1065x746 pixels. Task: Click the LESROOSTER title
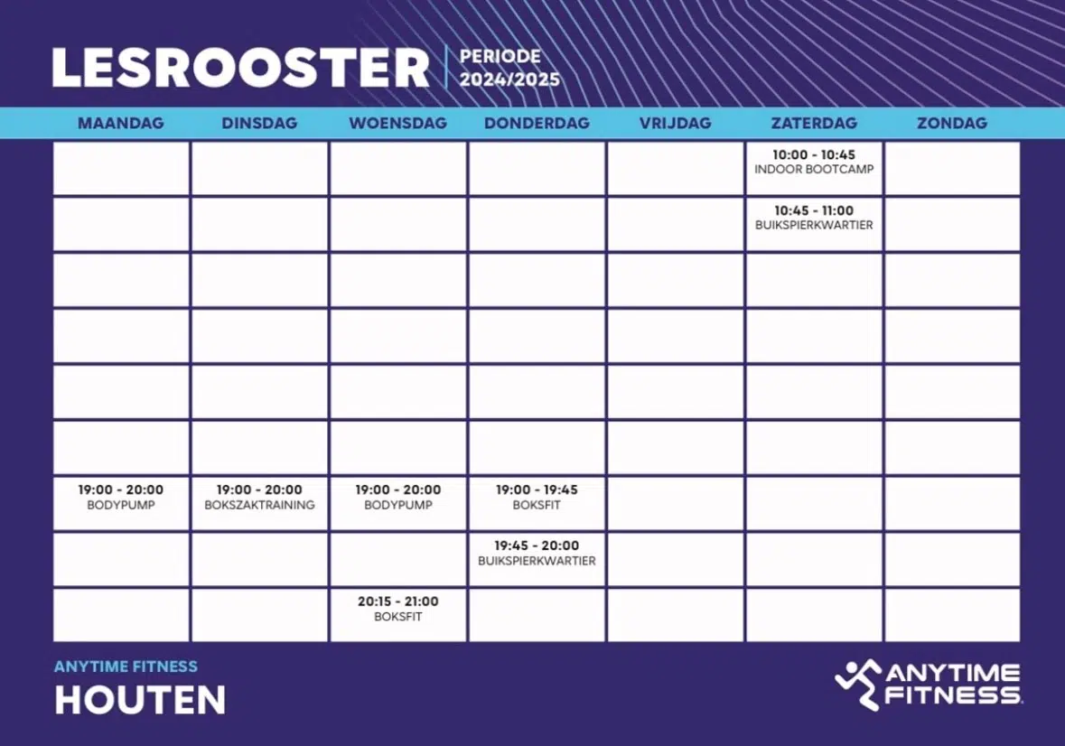(x=240, y=68)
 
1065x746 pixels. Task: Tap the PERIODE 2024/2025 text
(x=509, y=68)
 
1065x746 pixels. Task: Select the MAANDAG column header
(x=121, y=123)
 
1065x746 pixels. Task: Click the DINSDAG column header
(x=259, y=123)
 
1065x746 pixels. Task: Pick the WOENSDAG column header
(x=398, y=123)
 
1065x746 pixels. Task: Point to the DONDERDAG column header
(x=537, y=123)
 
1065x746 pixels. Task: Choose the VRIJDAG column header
(x=676, y=123)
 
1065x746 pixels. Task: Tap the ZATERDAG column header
(x=814, y=123)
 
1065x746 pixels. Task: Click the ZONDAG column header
(x=952, y=123)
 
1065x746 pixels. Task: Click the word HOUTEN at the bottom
(x=140, y=700)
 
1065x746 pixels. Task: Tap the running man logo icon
(x=857, y=684)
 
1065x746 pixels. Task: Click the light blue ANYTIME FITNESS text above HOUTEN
(x=126, y=667)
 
